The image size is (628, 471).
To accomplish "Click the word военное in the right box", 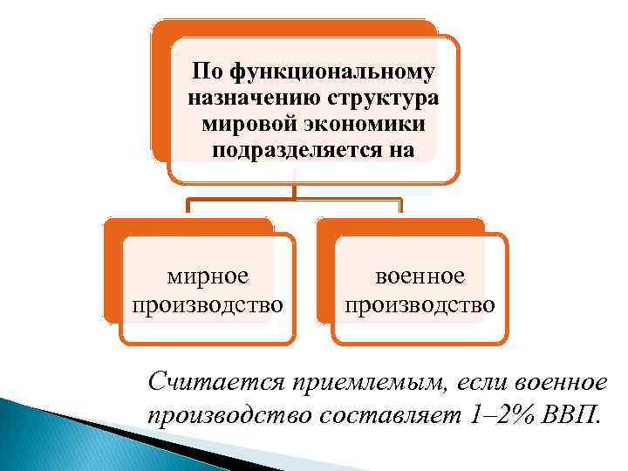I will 420,276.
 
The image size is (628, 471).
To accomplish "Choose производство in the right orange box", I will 420,304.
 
